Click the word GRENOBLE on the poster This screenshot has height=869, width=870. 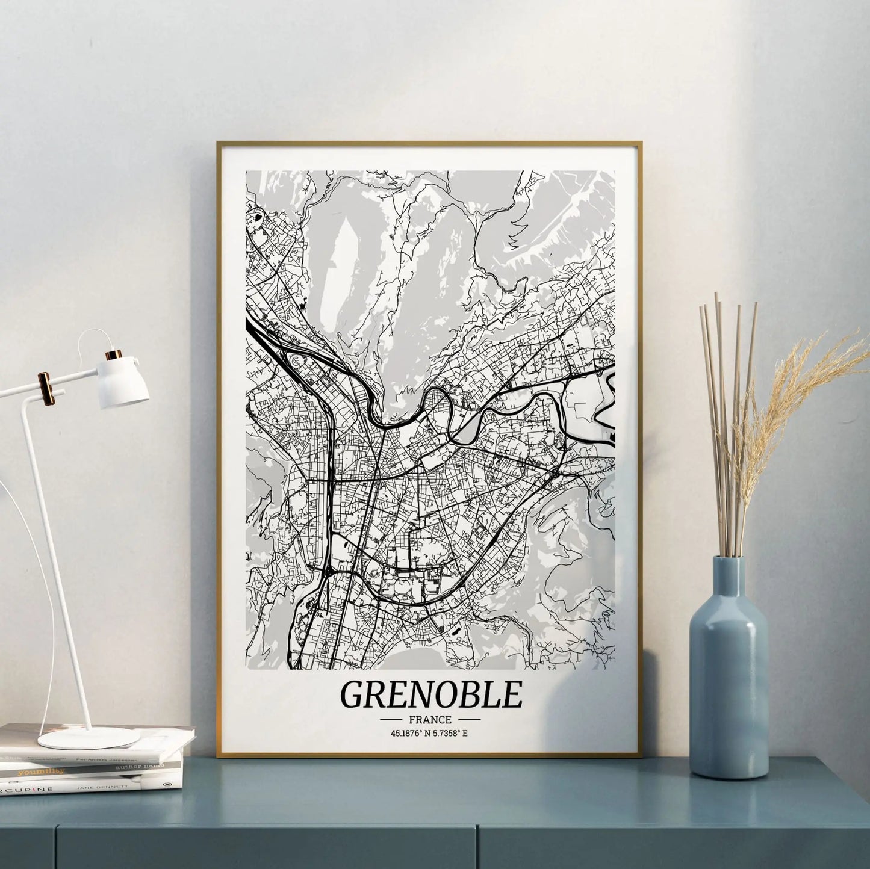coord(430,694)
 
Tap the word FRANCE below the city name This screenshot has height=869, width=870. coord(430,719)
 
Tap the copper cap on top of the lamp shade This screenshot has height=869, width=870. coord(114,354)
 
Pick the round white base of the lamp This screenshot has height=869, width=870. coord(89,737)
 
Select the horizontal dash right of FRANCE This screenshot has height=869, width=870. coord(469,719)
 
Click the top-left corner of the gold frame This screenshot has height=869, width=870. coord(218,143)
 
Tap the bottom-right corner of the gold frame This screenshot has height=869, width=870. coord(641,756)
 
